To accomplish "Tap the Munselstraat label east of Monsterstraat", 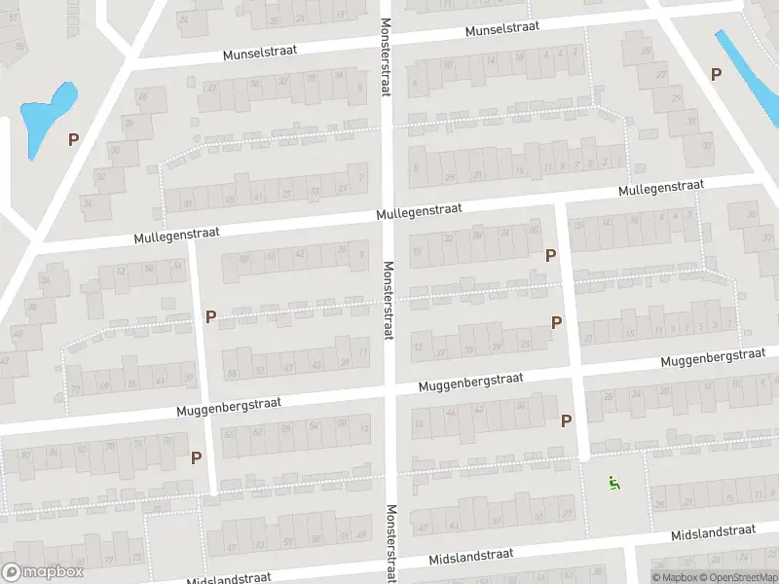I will tap(502, 30).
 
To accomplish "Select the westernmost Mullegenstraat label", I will tap(177, 236).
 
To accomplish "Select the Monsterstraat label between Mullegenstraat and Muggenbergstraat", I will tap(388, 299).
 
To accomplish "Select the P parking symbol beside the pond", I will tap(73, 139).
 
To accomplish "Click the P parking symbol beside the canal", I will tap(717, 74).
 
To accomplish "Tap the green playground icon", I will tap(613, 481).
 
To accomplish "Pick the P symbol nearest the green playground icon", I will tap(566, 420).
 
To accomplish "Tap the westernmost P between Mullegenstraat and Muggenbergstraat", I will tap(210, 316).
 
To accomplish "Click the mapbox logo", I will tap(43, 572).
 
